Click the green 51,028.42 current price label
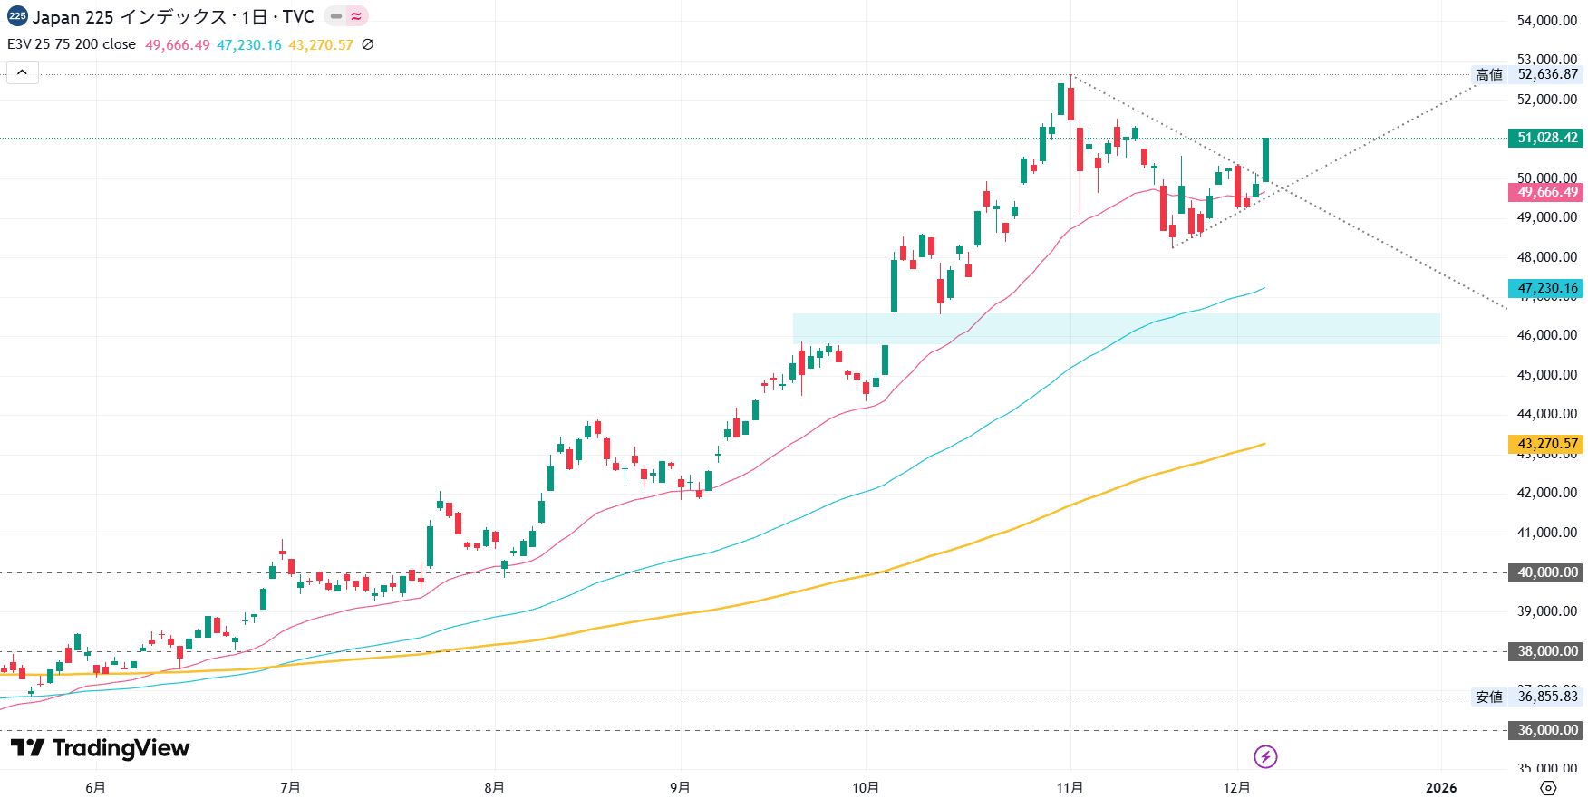click(x=1547, y=138)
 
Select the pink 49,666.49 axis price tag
click(x=1547, y=192)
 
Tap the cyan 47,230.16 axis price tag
click(x=1547, y=288)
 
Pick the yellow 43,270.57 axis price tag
click(x=1547, y=444)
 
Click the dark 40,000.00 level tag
click(x=1547, y=572)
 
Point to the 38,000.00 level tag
click(x=1547, y=651)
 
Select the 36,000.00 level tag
click(x=1547, y=730)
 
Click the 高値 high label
click(x=1489, y=75)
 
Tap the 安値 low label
click(x=1489, y=697)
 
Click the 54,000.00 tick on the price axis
click(x=1547, y=21)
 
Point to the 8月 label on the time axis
click(x=494, y=787)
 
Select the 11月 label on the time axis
click(x=1070, y=787)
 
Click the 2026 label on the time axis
click(x=1441, y=787)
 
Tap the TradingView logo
click(x=100, y=748)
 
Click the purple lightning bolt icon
click(x=1265, y=756)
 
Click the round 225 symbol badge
click(x=17, y=16)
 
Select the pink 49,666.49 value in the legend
click(x=178, y=45)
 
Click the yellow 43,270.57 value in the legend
click(x=321, y=45)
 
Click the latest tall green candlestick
click(x=1265, y=160)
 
